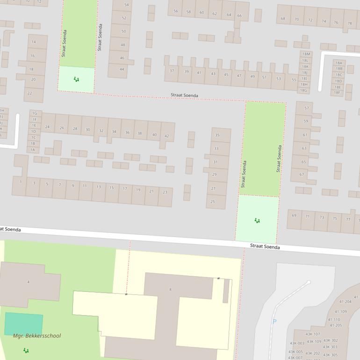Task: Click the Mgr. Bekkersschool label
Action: (37, 336)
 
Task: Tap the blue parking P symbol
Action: (274, 322)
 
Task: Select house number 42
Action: (166, 136)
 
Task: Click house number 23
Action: (165, 192)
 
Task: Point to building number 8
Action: (170, 289)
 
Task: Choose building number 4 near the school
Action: (29, 282)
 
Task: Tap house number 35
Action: (217, 135)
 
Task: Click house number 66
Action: (239, 15)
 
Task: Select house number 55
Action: (294, 79)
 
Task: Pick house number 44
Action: (122, 69)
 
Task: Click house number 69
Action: (294, 216)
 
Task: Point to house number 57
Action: (307, 108)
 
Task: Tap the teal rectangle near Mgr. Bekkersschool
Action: (23, 324)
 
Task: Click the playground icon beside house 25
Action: (257, 220)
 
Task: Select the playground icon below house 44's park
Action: (76, 79)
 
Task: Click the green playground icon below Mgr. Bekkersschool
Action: (26, 350)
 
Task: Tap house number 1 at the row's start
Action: (21, 181)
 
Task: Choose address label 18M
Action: (305, 54)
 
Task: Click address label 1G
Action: (34, 113)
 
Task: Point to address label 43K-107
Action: (313, 334)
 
